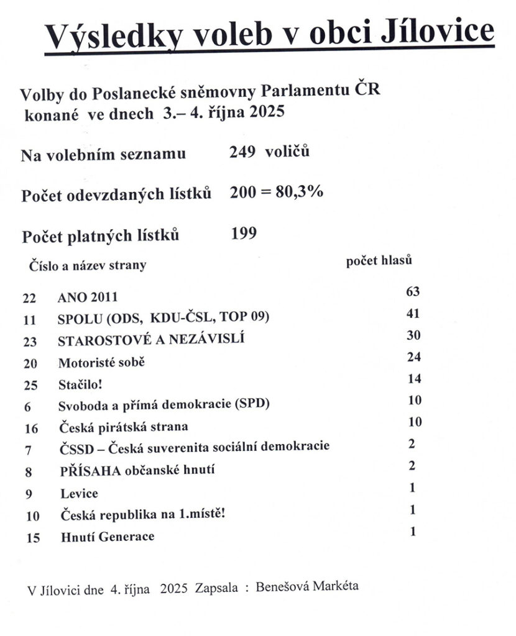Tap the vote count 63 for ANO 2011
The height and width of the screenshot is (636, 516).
413,291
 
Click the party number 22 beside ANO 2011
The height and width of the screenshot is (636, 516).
30,298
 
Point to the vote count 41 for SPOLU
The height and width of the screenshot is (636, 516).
413,314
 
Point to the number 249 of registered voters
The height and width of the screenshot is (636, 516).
242,152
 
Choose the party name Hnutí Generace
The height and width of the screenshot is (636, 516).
107,537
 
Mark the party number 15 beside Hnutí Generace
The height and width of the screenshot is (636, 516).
33,538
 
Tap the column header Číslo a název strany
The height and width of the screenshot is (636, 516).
88,265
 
